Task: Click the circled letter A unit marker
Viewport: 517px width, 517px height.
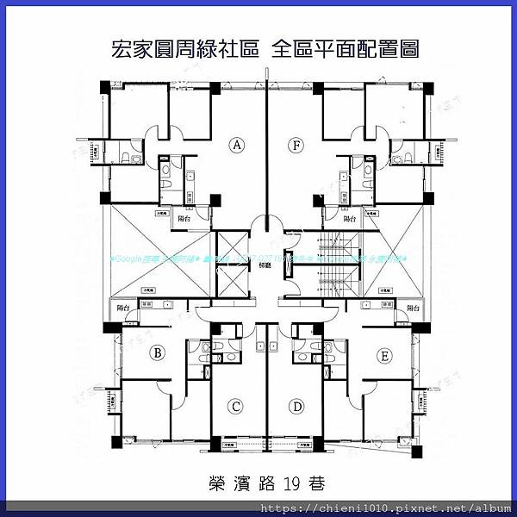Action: [236, 146]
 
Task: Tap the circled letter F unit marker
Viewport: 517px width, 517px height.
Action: [296, 146]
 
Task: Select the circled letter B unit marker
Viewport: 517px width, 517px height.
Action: [158, 352]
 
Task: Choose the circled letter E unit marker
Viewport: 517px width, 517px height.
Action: [383, 354]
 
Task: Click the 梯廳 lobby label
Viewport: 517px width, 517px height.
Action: [265, 266]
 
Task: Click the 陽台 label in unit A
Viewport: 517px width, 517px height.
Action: [183, 219]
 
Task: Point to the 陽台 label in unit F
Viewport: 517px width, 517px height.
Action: [350, 219]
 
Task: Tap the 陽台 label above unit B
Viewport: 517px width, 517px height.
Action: [122, 307]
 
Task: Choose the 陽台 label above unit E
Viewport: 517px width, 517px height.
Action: [412, 308]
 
